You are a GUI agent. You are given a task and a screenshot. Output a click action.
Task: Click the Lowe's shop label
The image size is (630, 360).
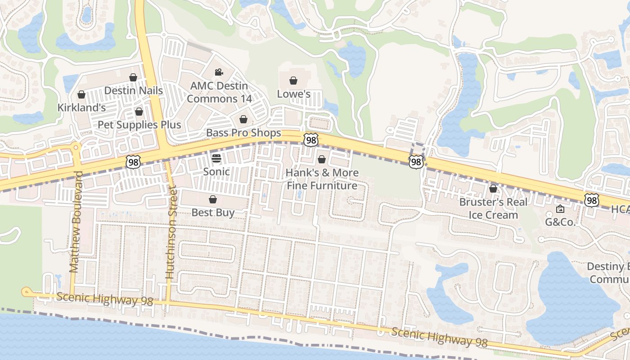tap(293, 94)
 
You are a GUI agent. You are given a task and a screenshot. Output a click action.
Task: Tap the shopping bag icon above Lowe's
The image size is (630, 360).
tap(293, 81)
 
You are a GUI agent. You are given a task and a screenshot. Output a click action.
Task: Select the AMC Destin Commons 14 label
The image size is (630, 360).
tap(219, 92)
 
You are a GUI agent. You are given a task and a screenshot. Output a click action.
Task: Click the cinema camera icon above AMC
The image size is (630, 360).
tap(219, 72)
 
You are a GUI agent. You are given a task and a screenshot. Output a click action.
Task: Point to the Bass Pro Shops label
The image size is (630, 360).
tap(243, 133)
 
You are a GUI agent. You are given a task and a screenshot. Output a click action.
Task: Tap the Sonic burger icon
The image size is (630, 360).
tap(216, 158)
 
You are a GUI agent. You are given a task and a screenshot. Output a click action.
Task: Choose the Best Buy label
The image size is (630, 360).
tap(213, 212)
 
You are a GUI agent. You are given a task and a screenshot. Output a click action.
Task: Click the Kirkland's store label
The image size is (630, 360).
tap(81, 108)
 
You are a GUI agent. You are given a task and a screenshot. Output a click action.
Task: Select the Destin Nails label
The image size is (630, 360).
tap(133, 90)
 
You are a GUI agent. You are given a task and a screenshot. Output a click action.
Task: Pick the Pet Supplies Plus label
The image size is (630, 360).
tap(139, 125)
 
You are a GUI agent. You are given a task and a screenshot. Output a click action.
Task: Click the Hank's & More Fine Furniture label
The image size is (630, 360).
tap(322, 179)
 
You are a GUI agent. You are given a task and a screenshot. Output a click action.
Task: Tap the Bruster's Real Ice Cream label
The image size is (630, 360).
tap(493, 208)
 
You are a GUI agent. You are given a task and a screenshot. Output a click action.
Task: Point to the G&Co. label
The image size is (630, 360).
tap(560, 222)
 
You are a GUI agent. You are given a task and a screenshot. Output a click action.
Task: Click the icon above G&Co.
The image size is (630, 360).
tap(560, 209)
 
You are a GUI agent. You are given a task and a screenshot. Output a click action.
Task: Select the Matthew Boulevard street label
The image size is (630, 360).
tap(75, 221)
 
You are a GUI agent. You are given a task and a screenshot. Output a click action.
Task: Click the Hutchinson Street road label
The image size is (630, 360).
tap(171, 233)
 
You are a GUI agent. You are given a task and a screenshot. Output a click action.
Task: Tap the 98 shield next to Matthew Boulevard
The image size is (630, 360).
tap(133, 162)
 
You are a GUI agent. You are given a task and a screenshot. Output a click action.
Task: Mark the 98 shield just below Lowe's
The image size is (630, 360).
tap(310, 140)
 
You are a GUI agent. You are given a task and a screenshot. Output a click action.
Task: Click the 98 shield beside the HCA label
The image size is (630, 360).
tap(592, 200)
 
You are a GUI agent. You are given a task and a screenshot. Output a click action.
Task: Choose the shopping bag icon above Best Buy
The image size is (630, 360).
tap(213, 199)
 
